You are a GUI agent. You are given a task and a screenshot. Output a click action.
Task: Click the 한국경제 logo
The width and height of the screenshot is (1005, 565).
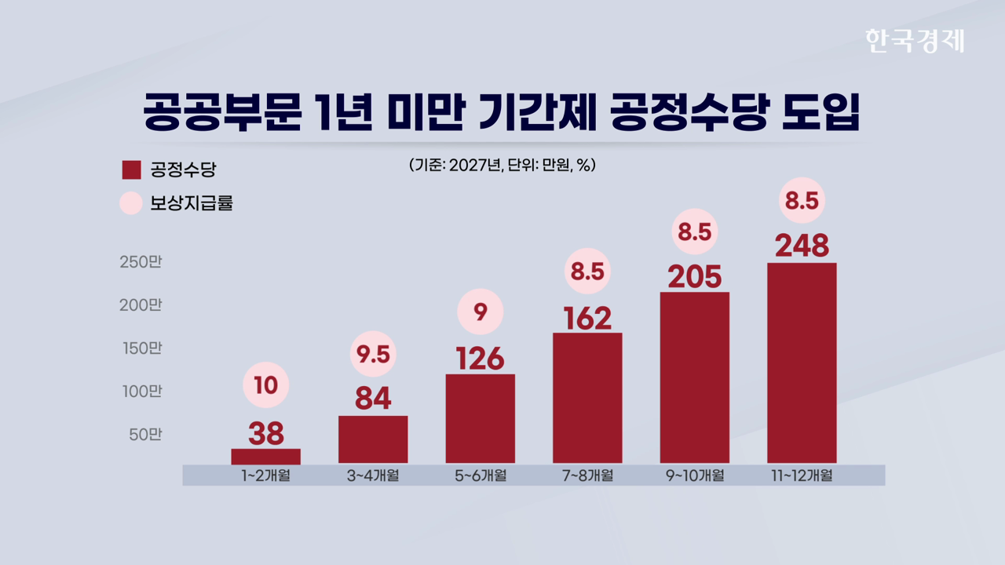click(914, 40)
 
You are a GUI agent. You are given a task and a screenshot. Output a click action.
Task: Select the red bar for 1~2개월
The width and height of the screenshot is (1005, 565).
click(265, 456)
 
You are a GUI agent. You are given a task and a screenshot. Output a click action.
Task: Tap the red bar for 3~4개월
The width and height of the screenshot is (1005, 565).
click(373, 439)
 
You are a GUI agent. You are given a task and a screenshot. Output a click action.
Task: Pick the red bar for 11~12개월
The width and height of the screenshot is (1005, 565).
click(802, 363)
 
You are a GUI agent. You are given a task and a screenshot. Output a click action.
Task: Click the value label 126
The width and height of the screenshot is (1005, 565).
click(480, 359)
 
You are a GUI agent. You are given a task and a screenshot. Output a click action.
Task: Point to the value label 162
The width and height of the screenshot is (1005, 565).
click(587, 318)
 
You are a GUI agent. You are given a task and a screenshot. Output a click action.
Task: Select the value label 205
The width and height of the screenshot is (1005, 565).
click(695, 277)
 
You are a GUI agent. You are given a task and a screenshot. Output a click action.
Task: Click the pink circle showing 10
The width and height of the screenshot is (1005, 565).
click(266, 385)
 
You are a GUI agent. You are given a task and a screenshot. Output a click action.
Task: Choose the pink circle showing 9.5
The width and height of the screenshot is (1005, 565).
click(373, 355)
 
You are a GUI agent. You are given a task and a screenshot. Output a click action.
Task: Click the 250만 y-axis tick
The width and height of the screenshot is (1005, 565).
click(141, 262)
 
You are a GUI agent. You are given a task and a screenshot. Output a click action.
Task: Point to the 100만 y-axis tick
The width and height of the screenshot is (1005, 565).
click(141, 391)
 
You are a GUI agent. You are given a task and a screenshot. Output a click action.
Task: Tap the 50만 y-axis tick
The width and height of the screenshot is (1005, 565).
click(144, 434)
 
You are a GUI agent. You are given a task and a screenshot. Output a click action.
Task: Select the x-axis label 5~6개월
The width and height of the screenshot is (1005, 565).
click(480, 476)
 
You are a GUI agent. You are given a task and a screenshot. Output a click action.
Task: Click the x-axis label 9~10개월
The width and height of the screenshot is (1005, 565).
click(694, 476)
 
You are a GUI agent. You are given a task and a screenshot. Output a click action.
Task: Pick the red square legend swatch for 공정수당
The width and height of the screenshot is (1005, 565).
click(131, 169)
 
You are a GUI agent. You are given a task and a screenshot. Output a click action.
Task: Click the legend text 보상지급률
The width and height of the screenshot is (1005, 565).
click(192, 204)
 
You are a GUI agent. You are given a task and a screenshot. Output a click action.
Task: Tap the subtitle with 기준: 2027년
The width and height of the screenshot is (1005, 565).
click(502, 166)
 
